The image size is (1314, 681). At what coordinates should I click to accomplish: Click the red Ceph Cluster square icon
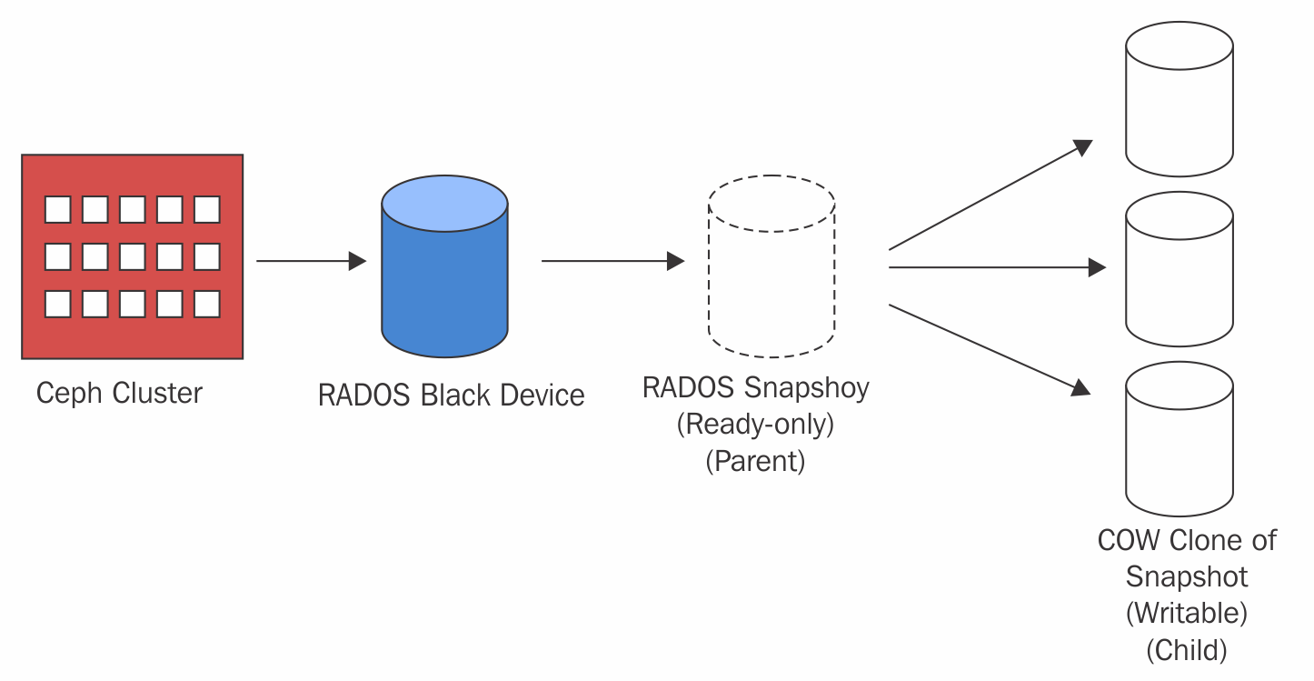(133, 256)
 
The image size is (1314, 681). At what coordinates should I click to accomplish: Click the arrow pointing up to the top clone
(990, 195)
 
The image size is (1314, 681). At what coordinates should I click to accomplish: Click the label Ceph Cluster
(119, 394)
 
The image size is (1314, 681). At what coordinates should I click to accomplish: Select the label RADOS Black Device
(451, 396)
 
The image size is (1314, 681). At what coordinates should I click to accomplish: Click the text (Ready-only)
(755, 425)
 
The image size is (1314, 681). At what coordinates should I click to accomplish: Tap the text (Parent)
(755, 461)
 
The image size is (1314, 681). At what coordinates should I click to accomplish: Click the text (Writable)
(1186, 613)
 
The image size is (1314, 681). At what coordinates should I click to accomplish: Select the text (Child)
(1186, 650)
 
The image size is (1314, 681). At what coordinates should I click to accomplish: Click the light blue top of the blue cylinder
(444, 203)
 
